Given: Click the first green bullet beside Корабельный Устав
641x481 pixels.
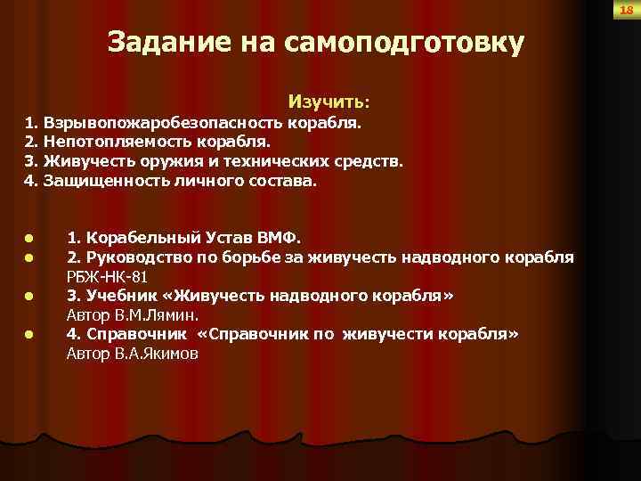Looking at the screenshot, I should (28, 239).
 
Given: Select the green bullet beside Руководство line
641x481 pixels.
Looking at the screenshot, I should (28, 258).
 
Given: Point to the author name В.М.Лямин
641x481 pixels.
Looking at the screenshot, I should (165, 315).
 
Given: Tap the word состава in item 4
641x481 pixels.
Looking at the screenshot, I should (284, 182).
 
